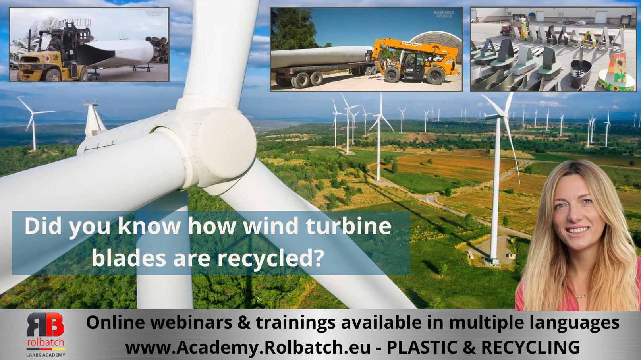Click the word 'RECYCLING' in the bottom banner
530,347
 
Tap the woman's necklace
581,296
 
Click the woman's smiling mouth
578,230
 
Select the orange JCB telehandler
413,62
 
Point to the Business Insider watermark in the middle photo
443,15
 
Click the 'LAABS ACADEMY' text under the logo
45,354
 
